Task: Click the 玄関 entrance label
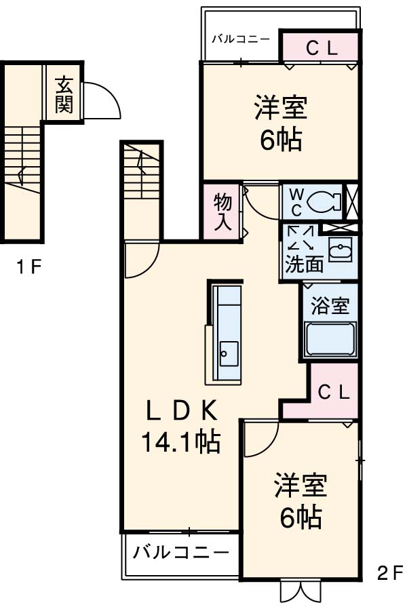pyautogui.click(x=64, y=95)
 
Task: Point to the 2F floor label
pyautogui.click(x=389, y=574)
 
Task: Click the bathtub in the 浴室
pyautogui.click(x=330, y=338)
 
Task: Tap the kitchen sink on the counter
pyautogui.click(x=229, y=353)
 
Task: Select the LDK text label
pyautogui.click(x=182, y=411)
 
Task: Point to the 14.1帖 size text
pyautogui.click(x=180, y=443)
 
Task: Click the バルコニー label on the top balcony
pyautogui.click(x=240, y=39)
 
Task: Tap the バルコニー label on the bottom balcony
pyautogui.click(x=180, y=551)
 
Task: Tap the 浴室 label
pyautogui.click(x=330, y=307)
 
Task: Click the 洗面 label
pyautogui.click(x=304, y=264)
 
